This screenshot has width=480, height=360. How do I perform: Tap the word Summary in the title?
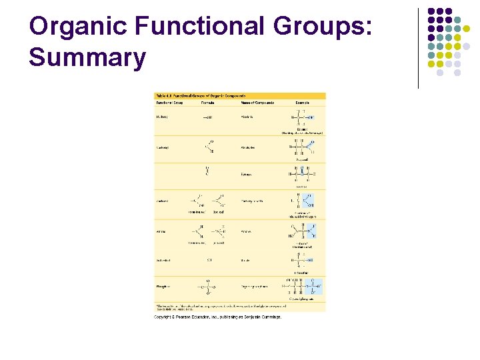point(87,57)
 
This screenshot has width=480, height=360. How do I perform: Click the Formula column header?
point(209,103)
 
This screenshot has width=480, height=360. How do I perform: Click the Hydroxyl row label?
point(163,117)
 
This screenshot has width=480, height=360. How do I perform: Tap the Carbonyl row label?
point(163,147)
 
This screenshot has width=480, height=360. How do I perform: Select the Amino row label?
point(161,231)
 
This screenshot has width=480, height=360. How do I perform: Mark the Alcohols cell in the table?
point(247,117)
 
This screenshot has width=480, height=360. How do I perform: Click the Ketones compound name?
point(247,173)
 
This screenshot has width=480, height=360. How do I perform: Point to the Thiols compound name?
point(245,260)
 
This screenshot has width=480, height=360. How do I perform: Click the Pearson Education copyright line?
point(218,317)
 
